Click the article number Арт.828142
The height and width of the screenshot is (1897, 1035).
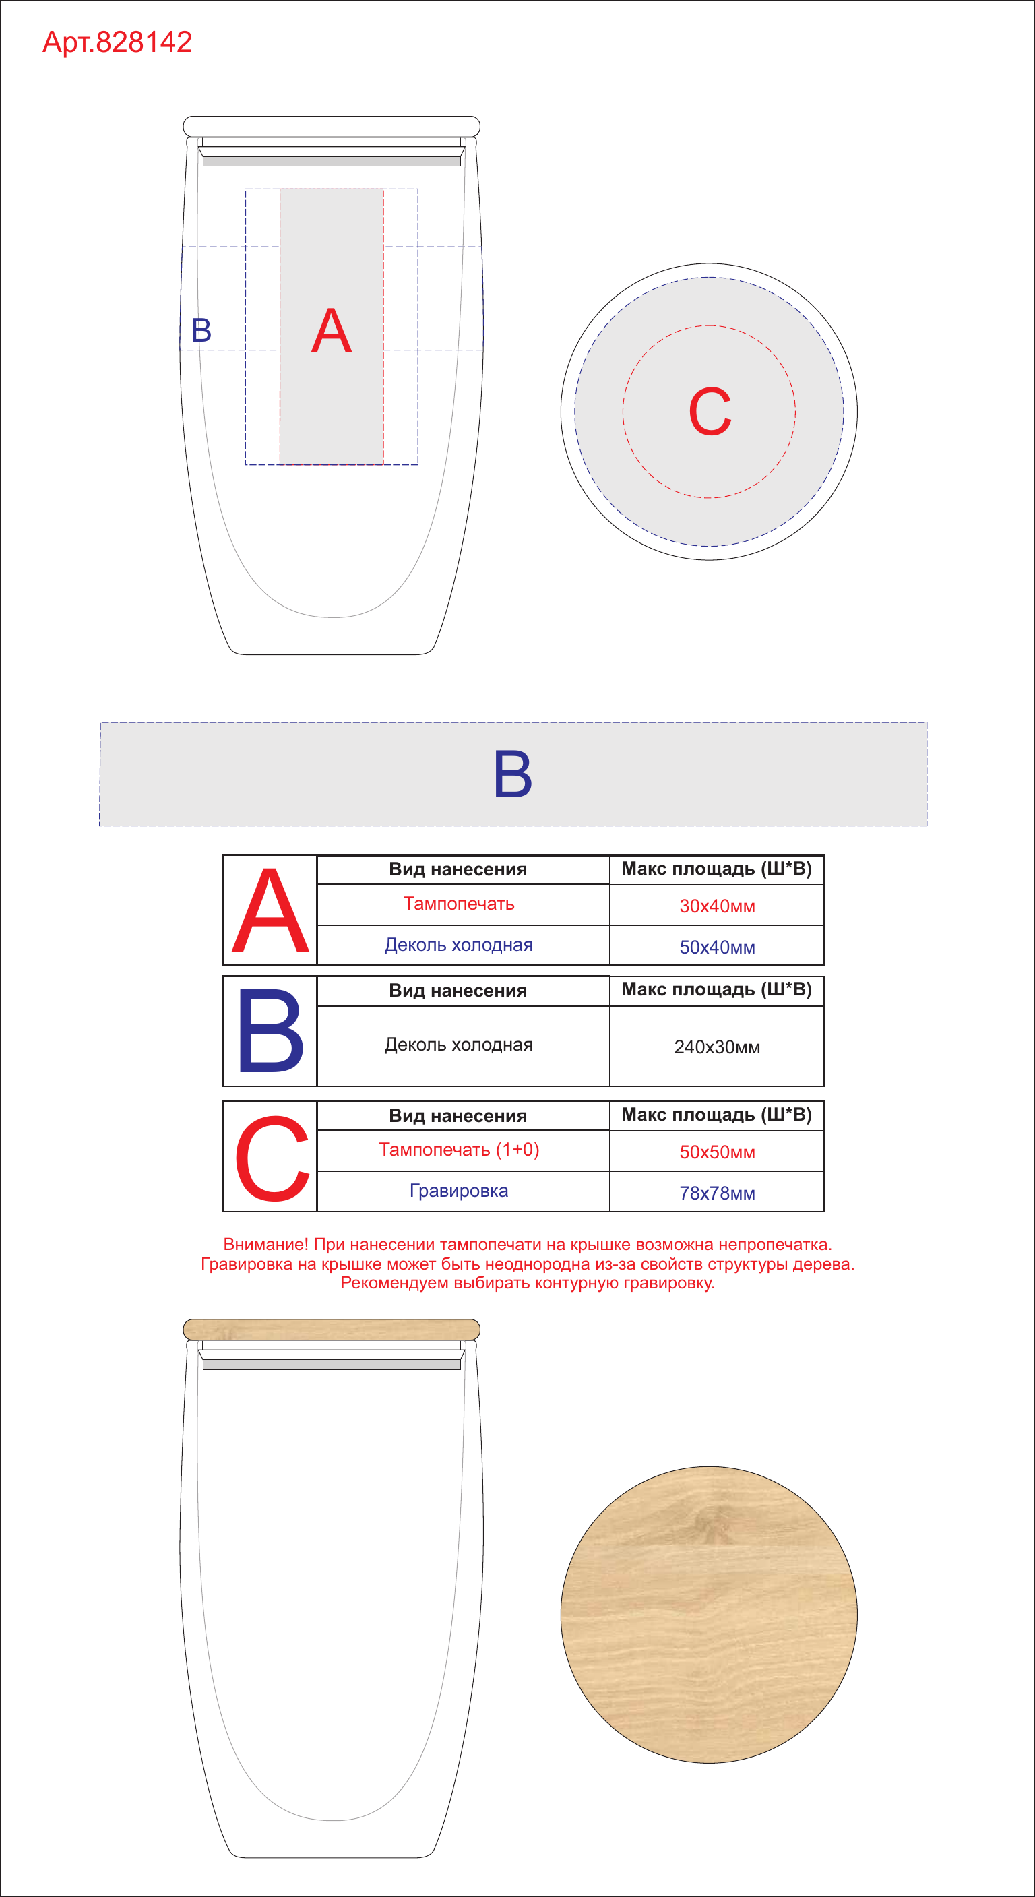pyautogui.click(x=117, y=42)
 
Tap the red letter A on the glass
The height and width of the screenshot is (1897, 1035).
pyautogui.click(x=332, y=330)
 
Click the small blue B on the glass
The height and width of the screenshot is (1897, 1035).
pyautogui.click(x=201, y=330)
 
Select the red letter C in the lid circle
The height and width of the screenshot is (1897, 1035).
pyautogui.click(x=710, y=412)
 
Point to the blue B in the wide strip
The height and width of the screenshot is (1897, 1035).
pyautogui.click(x=512, y=774)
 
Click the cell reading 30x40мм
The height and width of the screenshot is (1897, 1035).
pyautogui.click(x=717, y=905)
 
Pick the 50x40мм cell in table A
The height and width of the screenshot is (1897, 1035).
pyautogui.click(x=717, y=946)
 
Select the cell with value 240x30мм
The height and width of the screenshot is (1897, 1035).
pyautogui.click(x=717, y=1046)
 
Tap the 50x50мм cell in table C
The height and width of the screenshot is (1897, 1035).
pyautogui.click(x=717, y=1151)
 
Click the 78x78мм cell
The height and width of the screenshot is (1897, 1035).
pyautogui.click(x=717, y=1192)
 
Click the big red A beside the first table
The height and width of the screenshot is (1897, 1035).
pyautogui.click(x=270, y=910)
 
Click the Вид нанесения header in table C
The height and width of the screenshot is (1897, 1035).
pyautogui.click(x=458, y=1116)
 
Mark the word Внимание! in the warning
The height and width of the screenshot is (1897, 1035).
pyautogui.click(x=265, y=1245)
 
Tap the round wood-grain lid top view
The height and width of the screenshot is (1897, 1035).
pyautogui.click(x=709, y=1613)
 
